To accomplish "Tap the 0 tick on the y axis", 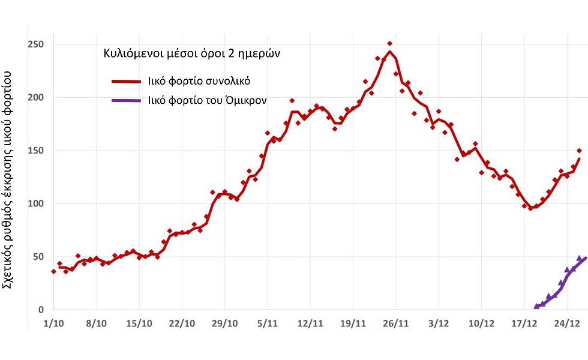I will (x=40, y=310).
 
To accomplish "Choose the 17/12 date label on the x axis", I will (x=524, y=324).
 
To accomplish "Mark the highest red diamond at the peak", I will (x=389, y=44).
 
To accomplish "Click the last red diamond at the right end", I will (x=579, y=151).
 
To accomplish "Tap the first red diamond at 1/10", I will (x=53, y=272).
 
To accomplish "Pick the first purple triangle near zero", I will (x=536, y=306).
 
